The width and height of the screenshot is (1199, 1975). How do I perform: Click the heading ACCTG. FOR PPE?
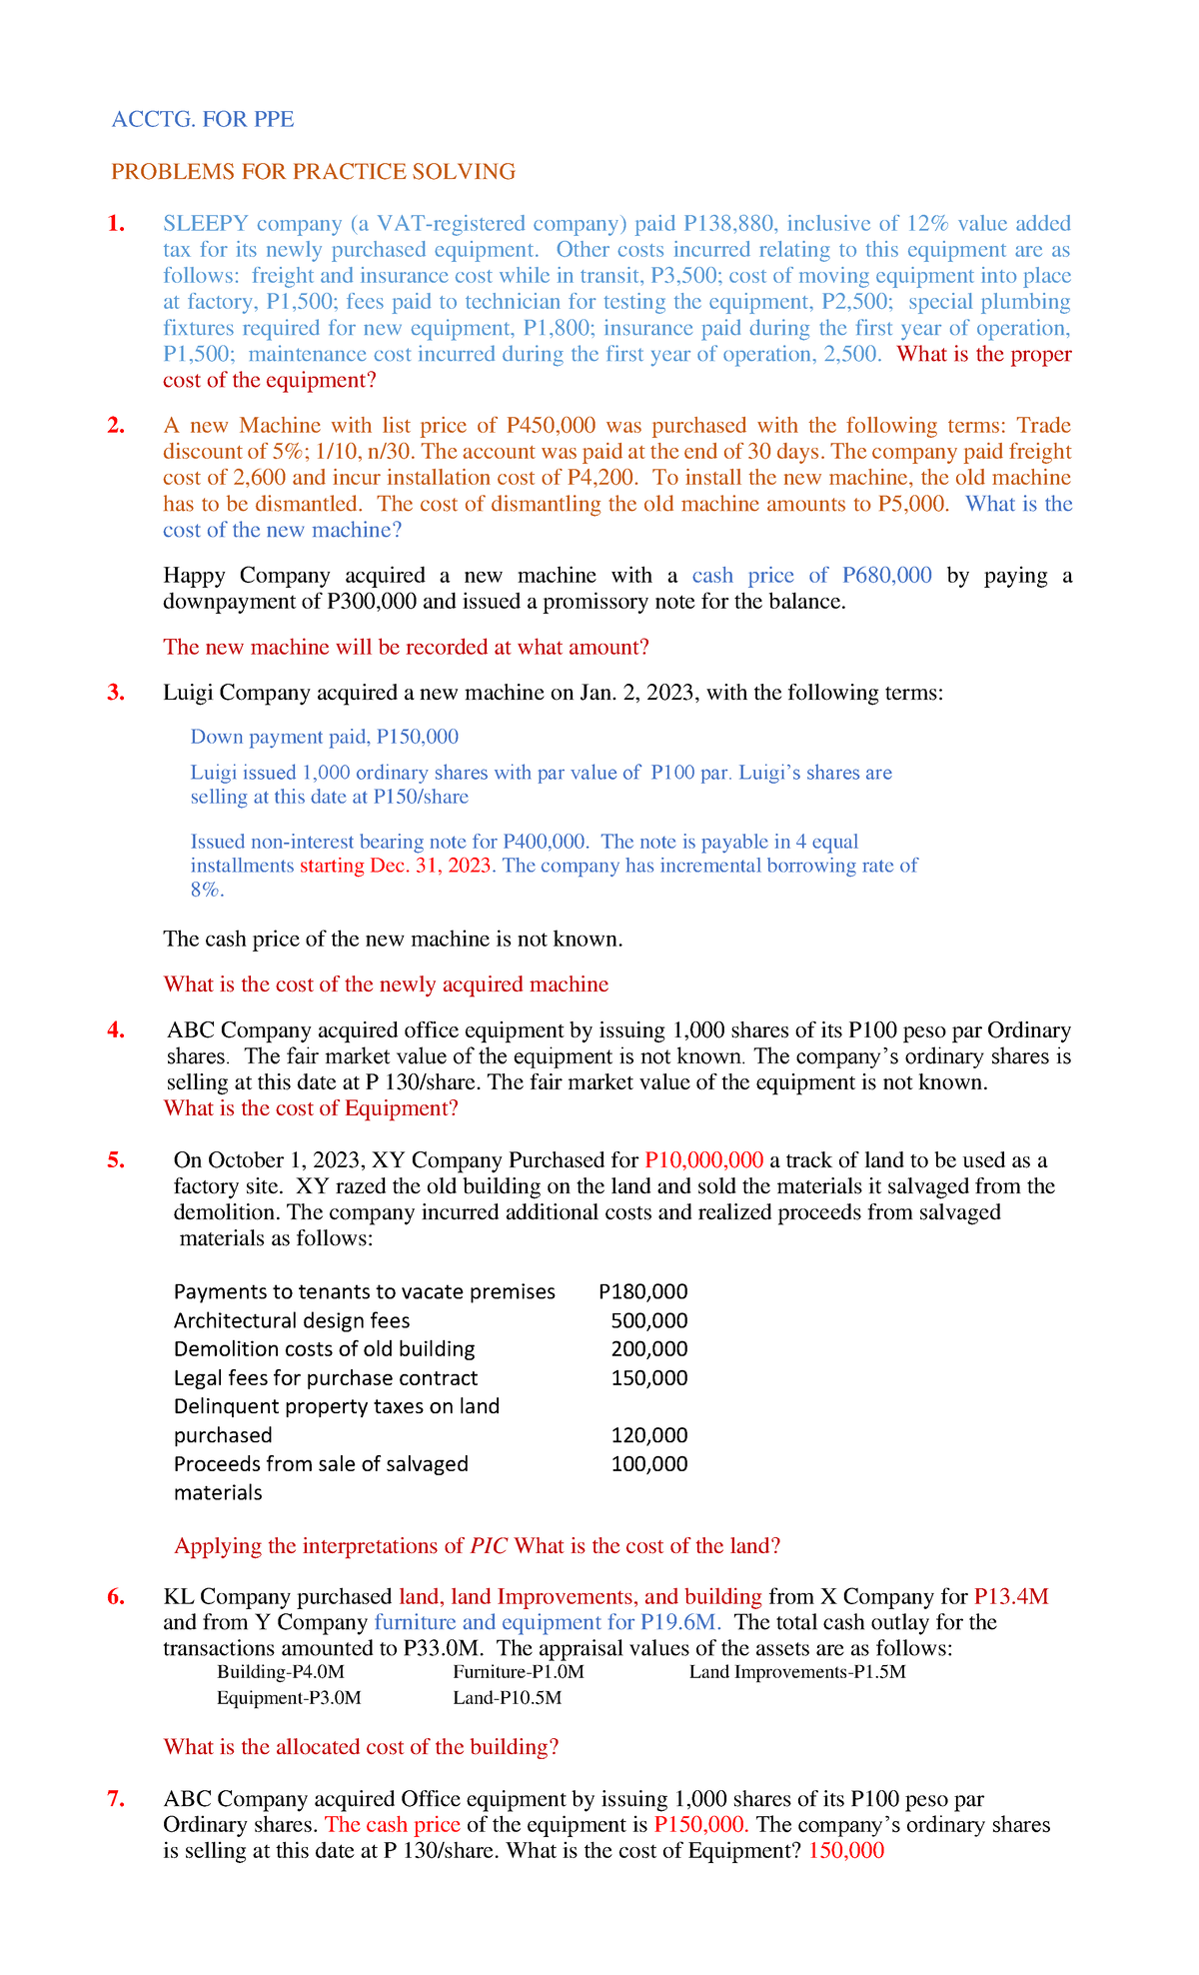[203, 120]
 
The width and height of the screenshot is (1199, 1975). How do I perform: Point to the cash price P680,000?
[886, 576]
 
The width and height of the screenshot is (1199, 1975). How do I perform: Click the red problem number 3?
[116, 693]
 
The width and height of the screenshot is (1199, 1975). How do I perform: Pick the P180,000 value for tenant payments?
[643, 1291]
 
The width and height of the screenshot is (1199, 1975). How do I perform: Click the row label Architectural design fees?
[292, 1320]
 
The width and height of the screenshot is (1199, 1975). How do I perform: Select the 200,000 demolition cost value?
[649, 1349]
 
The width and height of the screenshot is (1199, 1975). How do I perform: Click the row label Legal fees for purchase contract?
[326, 1378]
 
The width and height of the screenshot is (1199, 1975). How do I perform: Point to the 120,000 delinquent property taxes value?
[649, 1436]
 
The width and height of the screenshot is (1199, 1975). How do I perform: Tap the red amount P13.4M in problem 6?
[1011, 1597]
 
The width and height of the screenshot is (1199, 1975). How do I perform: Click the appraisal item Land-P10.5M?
[507, 1698]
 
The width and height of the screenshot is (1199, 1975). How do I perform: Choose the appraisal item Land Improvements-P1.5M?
[797, 1672]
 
